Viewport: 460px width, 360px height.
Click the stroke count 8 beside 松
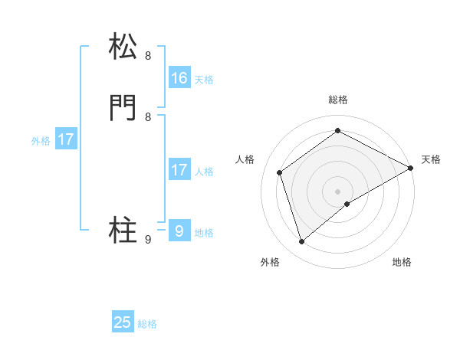(148, 56)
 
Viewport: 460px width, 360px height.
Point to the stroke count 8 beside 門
(148, 117)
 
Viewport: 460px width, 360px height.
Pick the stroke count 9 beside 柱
(148, 240)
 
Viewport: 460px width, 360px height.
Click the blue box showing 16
(179, 78)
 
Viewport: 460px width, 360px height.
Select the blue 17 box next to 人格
(179, 170)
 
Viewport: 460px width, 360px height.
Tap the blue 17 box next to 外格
(66, 140)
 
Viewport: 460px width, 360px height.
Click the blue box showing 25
(123, 322)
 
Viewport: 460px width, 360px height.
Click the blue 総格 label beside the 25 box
(147, 324)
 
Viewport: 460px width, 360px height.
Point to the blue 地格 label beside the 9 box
(204, 233)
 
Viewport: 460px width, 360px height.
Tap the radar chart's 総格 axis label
(338, 100)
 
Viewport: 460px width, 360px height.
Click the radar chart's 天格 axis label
(431, 159)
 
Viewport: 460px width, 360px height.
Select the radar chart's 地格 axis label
(402, 262)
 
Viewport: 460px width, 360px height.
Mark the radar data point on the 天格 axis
(411, 168)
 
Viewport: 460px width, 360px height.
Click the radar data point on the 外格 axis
(302, 242)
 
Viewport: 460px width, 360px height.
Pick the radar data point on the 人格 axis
(280, 172)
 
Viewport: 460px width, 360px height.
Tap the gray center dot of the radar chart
(338, 191)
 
